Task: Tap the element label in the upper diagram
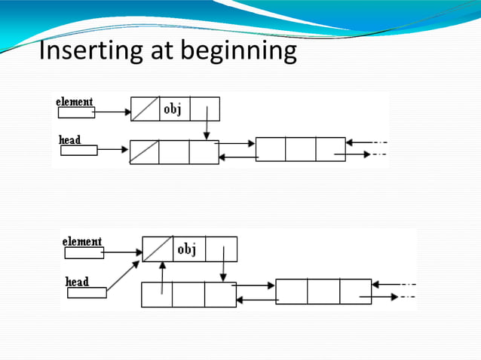click(75, 102)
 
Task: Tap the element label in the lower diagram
click(81, 242)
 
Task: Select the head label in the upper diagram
click(69, 140)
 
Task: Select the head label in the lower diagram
click(77, 282)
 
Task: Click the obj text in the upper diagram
click(173, 108)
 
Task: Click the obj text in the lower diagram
click(186, 249)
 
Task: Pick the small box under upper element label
click(76, 113)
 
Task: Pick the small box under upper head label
click(78, 150)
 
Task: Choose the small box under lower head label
click(86, 293)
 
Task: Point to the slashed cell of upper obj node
click(145, 109)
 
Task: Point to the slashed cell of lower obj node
click(158, 249)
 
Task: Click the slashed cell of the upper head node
click(144, 151)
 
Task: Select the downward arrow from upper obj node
click(206, 123)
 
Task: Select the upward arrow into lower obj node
click(162, 277)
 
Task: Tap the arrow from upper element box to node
click(112, 113)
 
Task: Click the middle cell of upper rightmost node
click(300, 149)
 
